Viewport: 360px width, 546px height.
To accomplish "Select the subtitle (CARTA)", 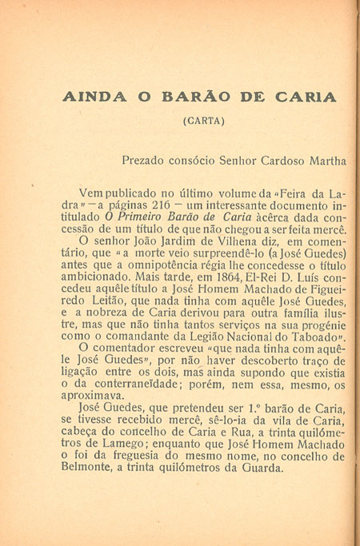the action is coord(204,122).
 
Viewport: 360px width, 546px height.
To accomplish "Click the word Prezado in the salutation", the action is coord(146,160).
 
